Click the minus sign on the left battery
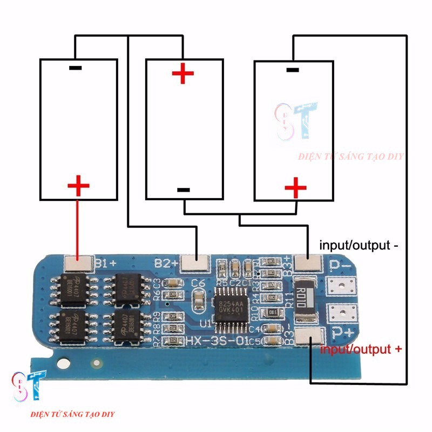click(76, 68)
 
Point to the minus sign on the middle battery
click(184, 190)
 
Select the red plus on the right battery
click(295, 188)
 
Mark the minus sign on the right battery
click(292, 69)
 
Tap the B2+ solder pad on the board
click(195, 263)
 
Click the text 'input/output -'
click(359, 245)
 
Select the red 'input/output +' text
click(361, 349)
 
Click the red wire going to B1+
click(78, 227)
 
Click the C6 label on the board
click(198, 283)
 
